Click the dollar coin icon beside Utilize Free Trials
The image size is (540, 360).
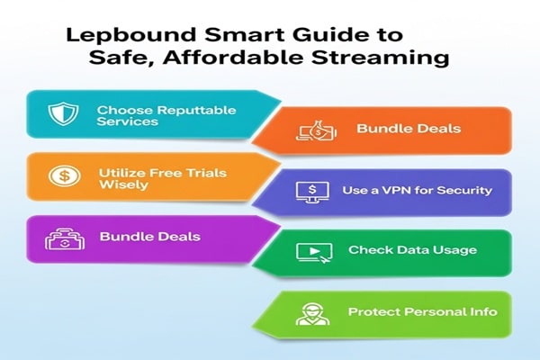pyautogui.click(x=61, y=176)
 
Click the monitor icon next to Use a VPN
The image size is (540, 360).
pyautogui.click(x=309, y=192)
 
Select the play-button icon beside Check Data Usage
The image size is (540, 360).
pyautogui.click(x=309, y=252)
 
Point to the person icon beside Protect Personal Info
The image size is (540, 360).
pyautogui.click(x=309, y=313)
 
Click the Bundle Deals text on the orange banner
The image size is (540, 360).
pyautogui.click(x=408, y=129)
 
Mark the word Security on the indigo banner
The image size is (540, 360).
pyautogui.click(x=465, y=190)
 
